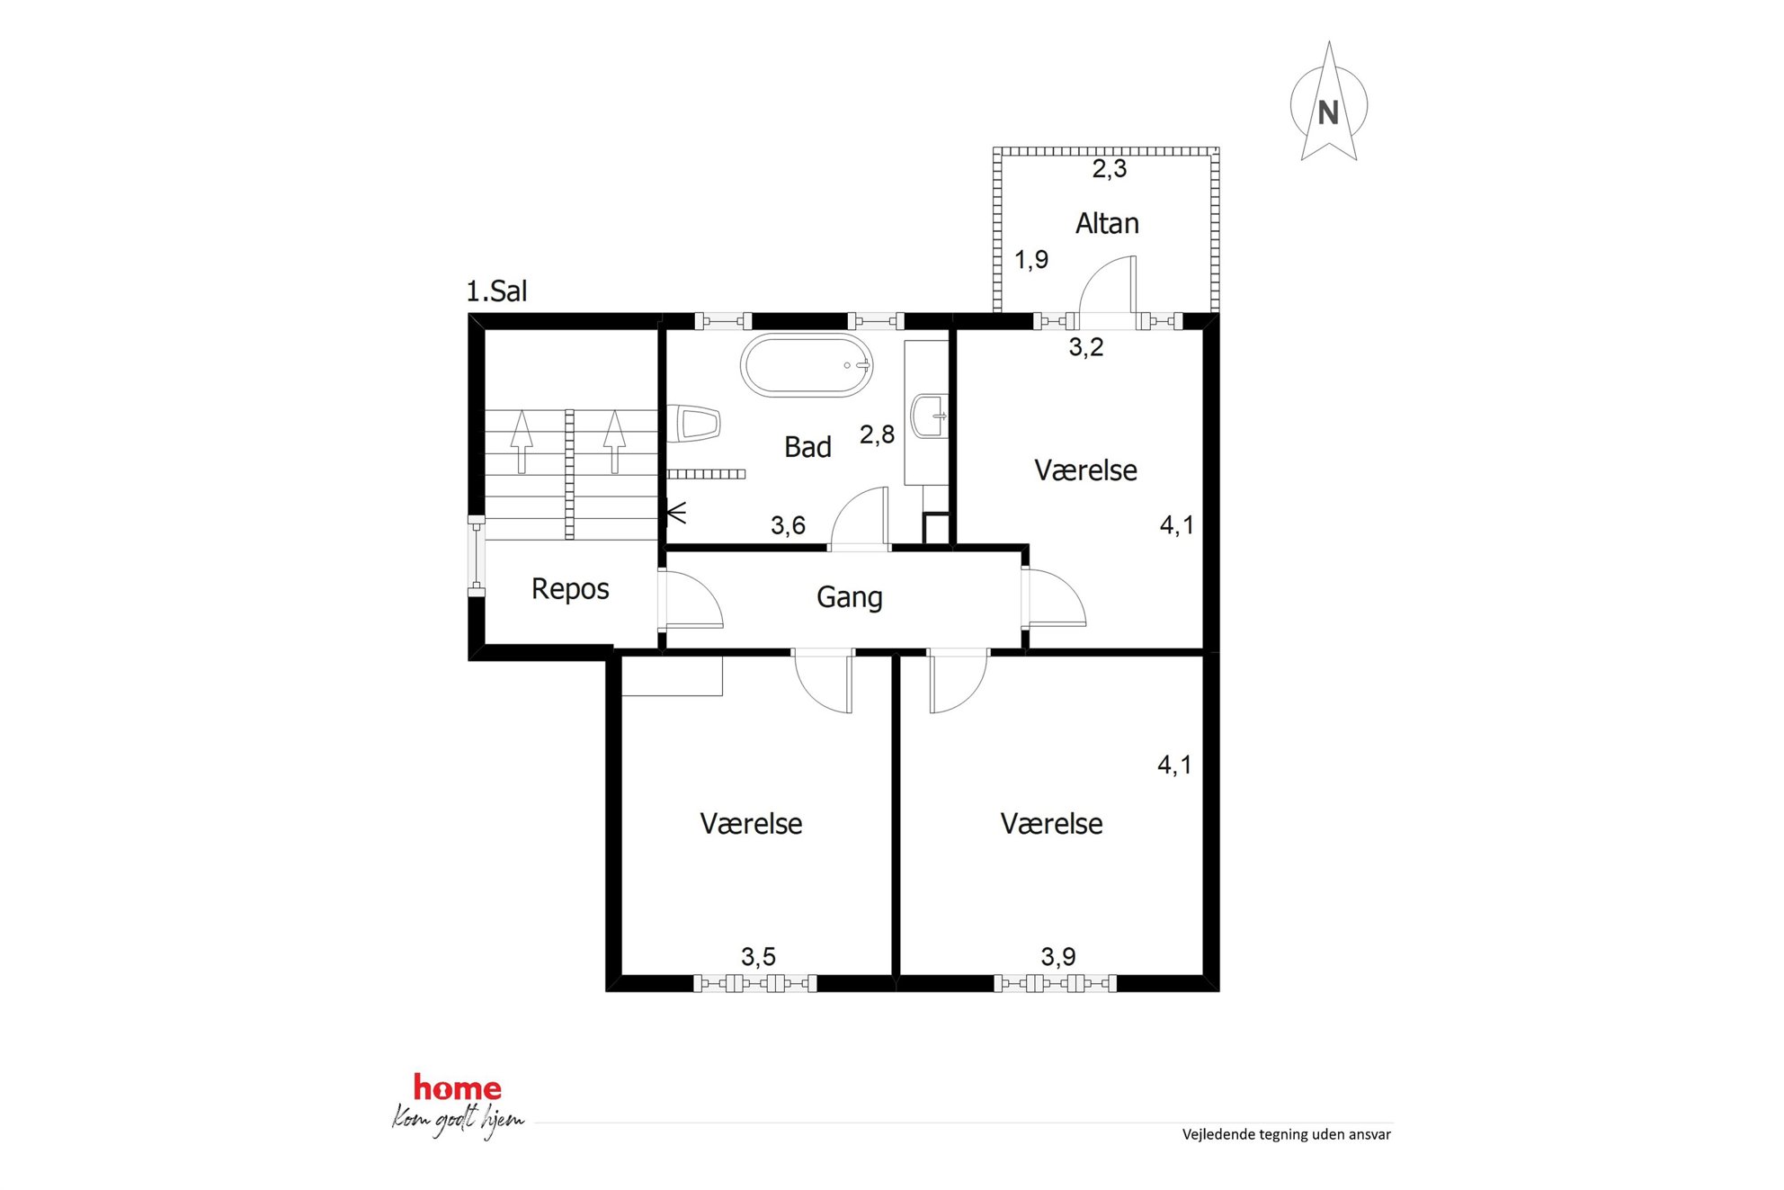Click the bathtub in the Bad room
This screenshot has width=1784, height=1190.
point(807,365)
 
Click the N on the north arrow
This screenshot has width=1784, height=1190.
point(1328,112)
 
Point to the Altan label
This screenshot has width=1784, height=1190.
point(1107,223)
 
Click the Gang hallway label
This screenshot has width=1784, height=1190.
point(849,597)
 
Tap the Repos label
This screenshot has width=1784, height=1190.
point(570,589)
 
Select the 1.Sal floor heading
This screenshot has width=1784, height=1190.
point(496,291)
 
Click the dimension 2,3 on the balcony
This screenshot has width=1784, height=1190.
point(1109,169)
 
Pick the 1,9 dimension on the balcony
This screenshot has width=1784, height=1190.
point(1031,260)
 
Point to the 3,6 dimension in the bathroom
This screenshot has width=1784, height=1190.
point(788,525)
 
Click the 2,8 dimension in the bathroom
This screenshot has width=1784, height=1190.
point(877,435)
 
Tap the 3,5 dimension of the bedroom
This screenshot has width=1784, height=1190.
point(758,956)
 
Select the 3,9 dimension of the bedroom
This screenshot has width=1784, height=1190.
point(1058,956)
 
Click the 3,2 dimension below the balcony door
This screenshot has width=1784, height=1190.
point(1085,347)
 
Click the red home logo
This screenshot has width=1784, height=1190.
point(457,1088)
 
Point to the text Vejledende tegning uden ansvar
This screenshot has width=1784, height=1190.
point(1286,1135)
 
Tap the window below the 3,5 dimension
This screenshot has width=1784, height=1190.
point(754,983)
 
